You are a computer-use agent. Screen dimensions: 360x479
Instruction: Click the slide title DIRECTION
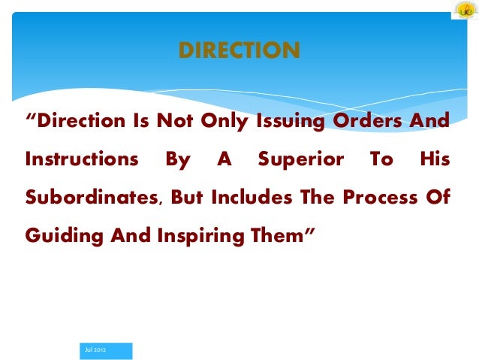239,50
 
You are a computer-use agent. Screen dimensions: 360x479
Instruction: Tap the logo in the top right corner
464,12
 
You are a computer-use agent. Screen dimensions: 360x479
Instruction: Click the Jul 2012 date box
105,350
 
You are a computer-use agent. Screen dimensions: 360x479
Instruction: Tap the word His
435,159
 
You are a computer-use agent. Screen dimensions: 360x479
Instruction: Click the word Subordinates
90,198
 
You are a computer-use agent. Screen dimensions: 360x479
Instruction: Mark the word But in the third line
188,198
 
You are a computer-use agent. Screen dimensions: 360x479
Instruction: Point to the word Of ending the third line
437,198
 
